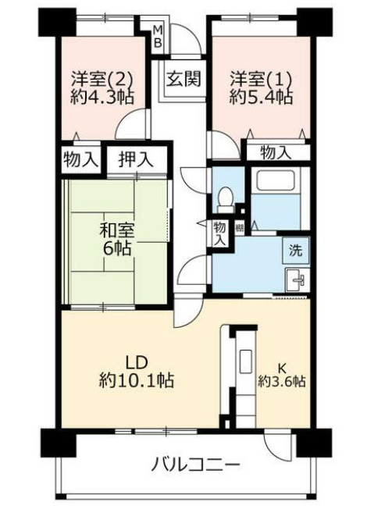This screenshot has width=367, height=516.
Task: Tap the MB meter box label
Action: tap(158, 36)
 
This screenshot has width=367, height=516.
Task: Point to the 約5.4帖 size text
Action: tap(261, 98)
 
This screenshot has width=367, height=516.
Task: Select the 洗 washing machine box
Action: tap(296, 251)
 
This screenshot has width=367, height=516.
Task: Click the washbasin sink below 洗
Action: tap(296, 279)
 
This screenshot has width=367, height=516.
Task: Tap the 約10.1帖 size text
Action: tap(137, 382)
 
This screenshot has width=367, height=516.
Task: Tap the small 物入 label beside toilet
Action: tap(221, 233)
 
